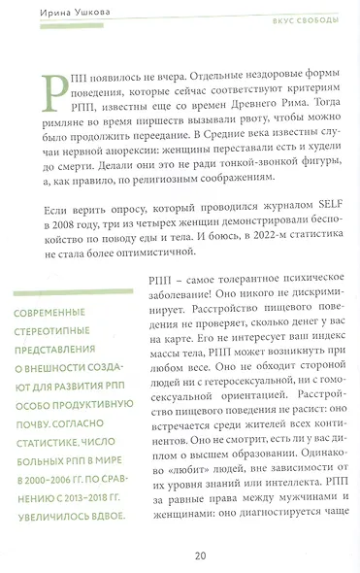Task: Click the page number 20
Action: [200, 556]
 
